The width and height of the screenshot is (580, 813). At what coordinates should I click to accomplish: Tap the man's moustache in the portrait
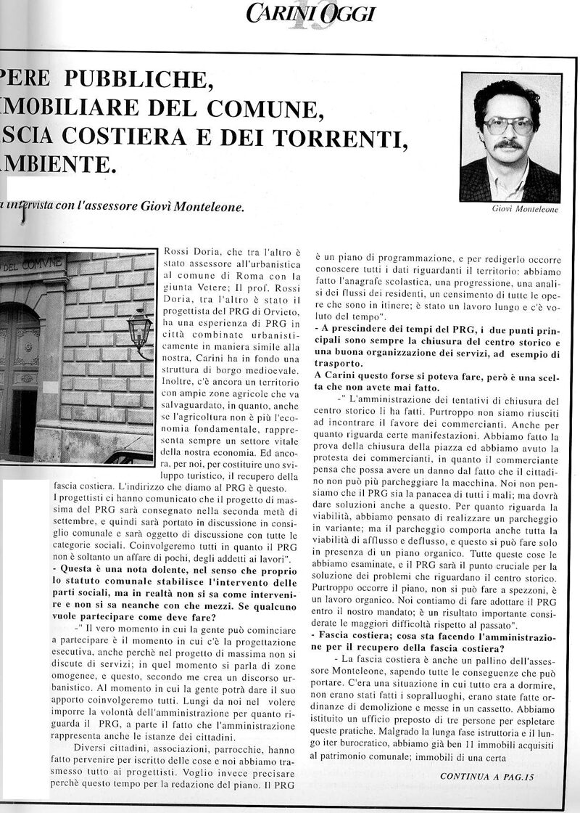509,144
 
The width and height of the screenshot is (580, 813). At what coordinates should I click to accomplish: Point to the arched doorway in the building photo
18,377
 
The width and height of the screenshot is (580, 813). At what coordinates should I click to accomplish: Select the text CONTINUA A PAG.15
486,777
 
